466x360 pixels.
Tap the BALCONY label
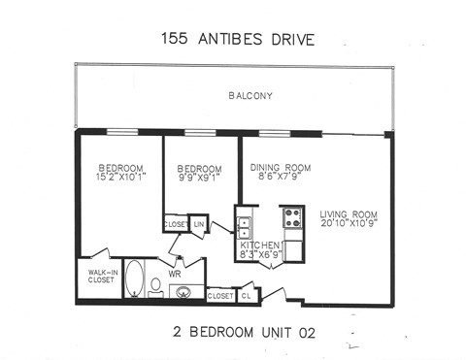tap(250, 95)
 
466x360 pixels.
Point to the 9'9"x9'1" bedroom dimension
tap(199, 177)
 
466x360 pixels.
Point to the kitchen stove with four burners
tap(291, 217)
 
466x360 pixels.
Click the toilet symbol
tap(155, 286)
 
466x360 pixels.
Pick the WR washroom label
tap(176, 275)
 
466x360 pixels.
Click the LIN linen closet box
tap(200, 224)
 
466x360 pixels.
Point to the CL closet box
tap(247, 294)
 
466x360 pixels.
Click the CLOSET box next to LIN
tap(176, 224)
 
